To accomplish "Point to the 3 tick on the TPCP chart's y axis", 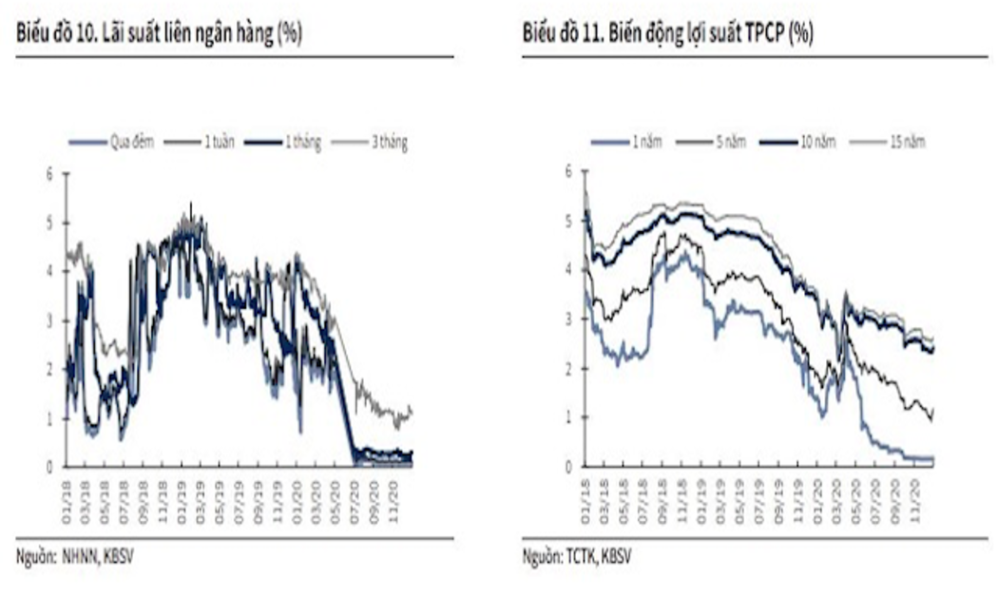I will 567,319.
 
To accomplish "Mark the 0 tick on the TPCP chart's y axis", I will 567,466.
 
